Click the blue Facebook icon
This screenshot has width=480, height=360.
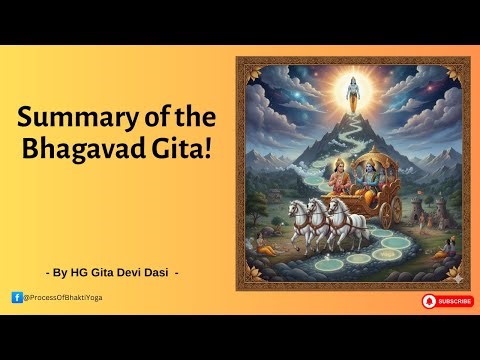point(16,297)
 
